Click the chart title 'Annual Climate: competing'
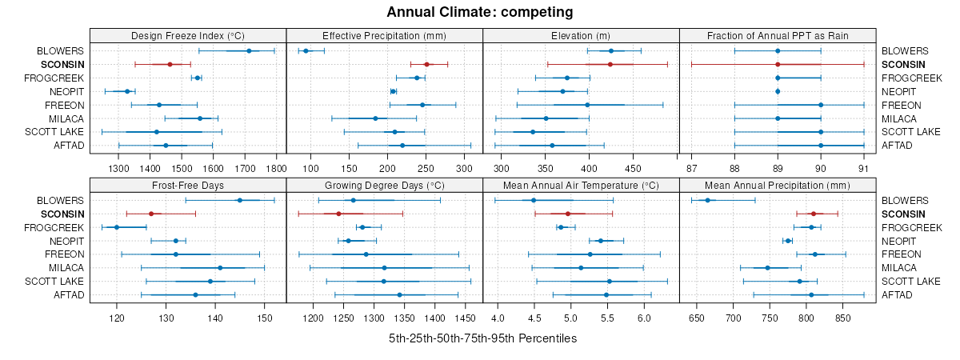click(x=480, y=12)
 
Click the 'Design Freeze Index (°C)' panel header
click(x=188, y=35)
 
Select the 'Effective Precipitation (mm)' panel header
click(x=384, y=35)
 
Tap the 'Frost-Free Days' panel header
click(x=188, y=185)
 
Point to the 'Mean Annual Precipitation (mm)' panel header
click(x=777, y=185)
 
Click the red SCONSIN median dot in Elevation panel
click(x=610, y=64)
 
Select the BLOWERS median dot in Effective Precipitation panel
click(x=306, y=51)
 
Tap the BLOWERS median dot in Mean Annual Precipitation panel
click(x=708, y=200)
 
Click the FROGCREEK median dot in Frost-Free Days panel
click(x=117, y=227)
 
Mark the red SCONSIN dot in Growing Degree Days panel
click(x=338, y=214)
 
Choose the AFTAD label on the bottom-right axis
click(x=898, y=295)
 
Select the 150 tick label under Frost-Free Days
click(x=265, y=318)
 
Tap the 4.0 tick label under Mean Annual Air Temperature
click(x=497, y=318)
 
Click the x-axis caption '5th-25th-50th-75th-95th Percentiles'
click(x=482, y=338)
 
